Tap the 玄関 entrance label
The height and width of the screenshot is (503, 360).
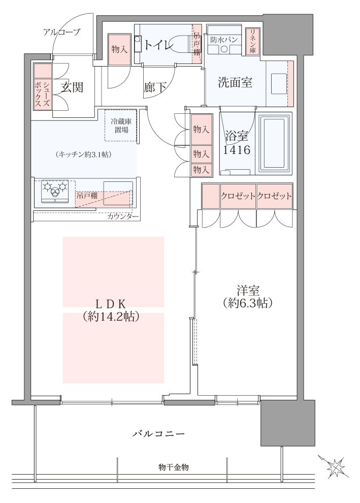[x=72, y=87]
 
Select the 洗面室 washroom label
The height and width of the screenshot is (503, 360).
[x=235, y=82]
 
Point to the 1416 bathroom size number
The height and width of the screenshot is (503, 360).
[x=237, y=149]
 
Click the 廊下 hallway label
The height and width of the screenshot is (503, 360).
[x=155, y=87]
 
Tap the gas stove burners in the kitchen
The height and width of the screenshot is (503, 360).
[x=55, y=192]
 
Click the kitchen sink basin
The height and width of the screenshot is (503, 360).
[x=118, y=193]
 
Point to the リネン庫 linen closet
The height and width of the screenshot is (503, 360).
[x=252, y=41]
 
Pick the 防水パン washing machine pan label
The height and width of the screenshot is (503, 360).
[x=224, y=40]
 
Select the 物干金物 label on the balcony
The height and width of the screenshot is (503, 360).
[x=174, y=467]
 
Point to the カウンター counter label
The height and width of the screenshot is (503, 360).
[x=123, y=216]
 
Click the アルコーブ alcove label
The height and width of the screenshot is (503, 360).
[x=61, y=32]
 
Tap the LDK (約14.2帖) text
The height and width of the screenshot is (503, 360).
[x=111, y=310]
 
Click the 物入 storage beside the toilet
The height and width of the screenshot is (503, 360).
[x=119, y=49]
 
